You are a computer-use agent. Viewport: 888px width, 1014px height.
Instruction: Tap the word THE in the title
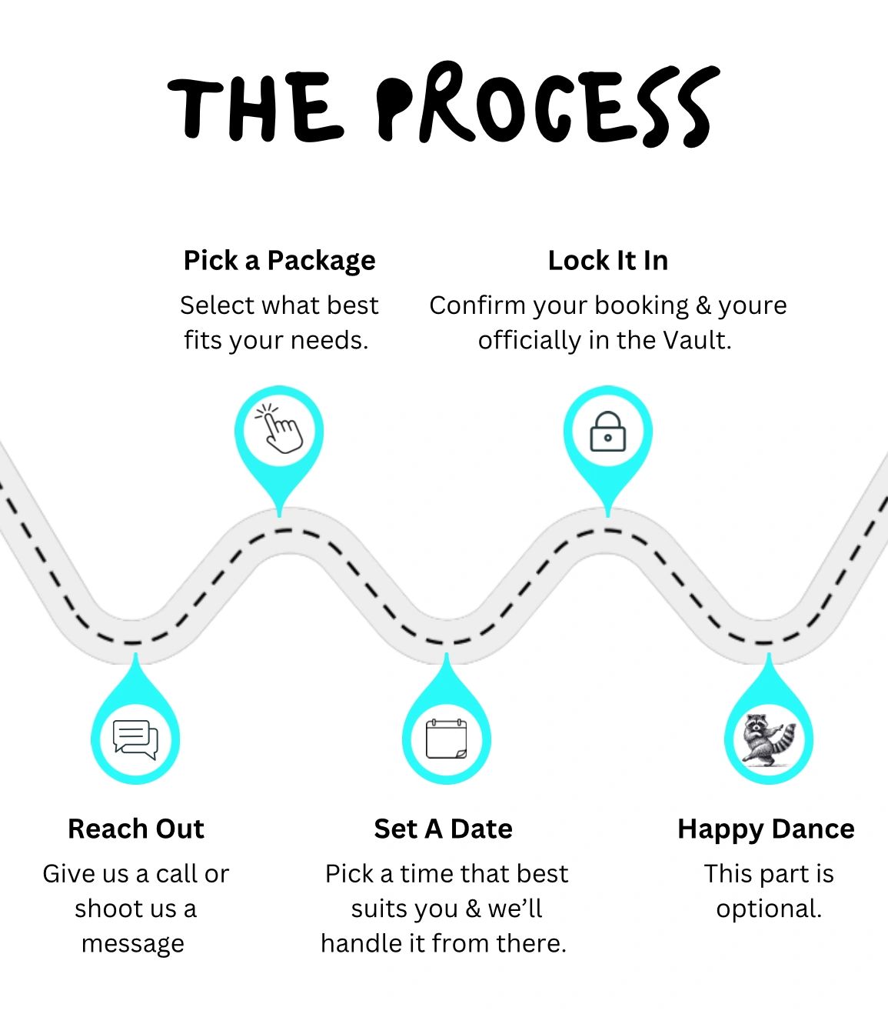(x=254, y=108)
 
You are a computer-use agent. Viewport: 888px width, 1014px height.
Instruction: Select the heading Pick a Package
(x=279, y=261)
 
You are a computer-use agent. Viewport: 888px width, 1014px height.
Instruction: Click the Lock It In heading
(x=607, y=261)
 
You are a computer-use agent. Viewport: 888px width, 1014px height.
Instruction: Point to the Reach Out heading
(x=136, y=829)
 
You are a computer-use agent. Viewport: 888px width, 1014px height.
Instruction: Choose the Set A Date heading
(x=443, y=829)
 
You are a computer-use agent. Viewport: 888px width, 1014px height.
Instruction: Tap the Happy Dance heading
(x=766, y=829)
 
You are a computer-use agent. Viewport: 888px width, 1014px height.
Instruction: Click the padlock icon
(x=607, y=432)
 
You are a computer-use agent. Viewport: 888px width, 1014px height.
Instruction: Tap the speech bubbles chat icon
(x=135, y=739)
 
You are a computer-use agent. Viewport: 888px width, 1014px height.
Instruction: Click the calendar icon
(x=446, y=739)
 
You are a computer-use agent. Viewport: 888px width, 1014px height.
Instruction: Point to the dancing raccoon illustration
(x=767, y=739)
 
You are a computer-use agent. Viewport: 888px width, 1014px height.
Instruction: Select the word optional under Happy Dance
(x=768, y=909)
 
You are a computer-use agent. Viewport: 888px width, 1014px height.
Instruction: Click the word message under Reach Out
(x=133, y=943)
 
